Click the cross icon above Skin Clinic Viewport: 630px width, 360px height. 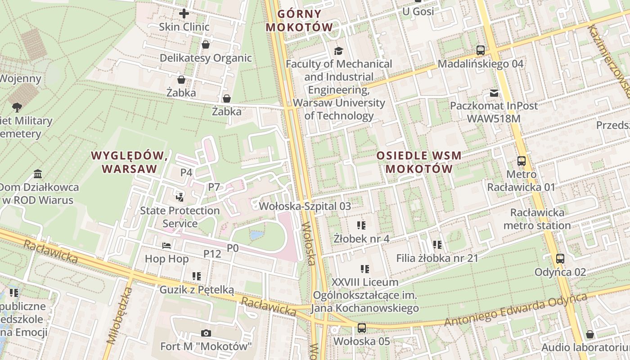click(x=184, y=13)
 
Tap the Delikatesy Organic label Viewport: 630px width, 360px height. click(x=206, y=58)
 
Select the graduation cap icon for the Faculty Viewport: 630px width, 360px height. click(x=338, y=51)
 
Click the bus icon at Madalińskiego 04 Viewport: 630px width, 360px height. click(x=481, y=50)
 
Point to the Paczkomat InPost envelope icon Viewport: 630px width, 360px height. click(x=494, y=93)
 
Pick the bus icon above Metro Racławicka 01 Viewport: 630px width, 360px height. click(x=521, y=161)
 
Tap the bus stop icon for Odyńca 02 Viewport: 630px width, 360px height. click(x=560, y=259)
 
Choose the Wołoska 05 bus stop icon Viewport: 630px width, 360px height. click(x=361, y=328)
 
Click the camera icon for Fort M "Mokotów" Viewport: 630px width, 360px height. click(x=206, y=333)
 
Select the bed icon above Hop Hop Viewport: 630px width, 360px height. click(x=166, y=246)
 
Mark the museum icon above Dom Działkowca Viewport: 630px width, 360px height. click(x=38, y=174)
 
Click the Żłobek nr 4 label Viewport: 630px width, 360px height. click(x=361, y=238)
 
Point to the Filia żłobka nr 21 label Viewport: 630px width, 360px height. click(x=437, y=258)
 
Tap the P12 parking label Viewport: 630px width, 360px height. click(x=212, y=254)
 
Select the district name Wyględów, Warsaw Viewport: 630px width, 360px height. click(x=130, y=162)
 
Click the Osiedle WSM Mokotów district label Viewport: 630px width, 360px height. click(x=419, y=162)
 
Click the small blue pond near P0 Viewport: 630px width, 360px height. click(x=256, y=235)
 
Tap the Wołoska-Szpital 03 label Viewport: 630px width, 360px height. click(x=305, y=206)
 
